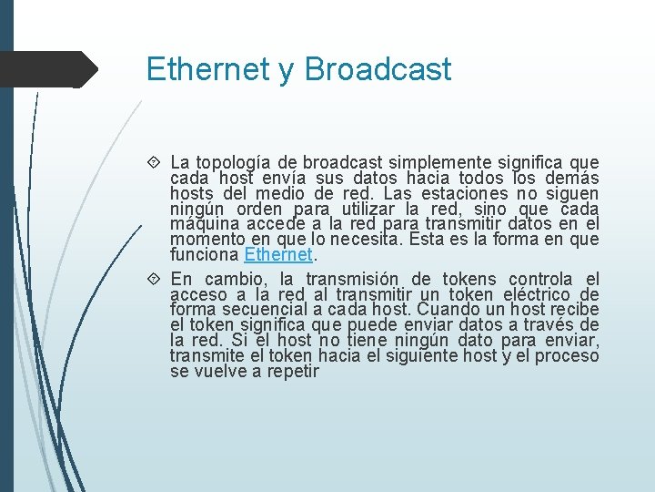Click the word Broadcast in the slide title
point(378,69)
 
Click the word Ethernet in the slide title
point(207,69)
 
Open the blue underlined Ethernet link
point(278,254)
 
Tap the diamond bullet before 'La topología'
point(156,162)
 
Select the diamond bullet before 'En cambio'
point(156,279)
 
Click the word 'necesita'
point(368,239)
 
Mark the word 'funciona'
point(204,254)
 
